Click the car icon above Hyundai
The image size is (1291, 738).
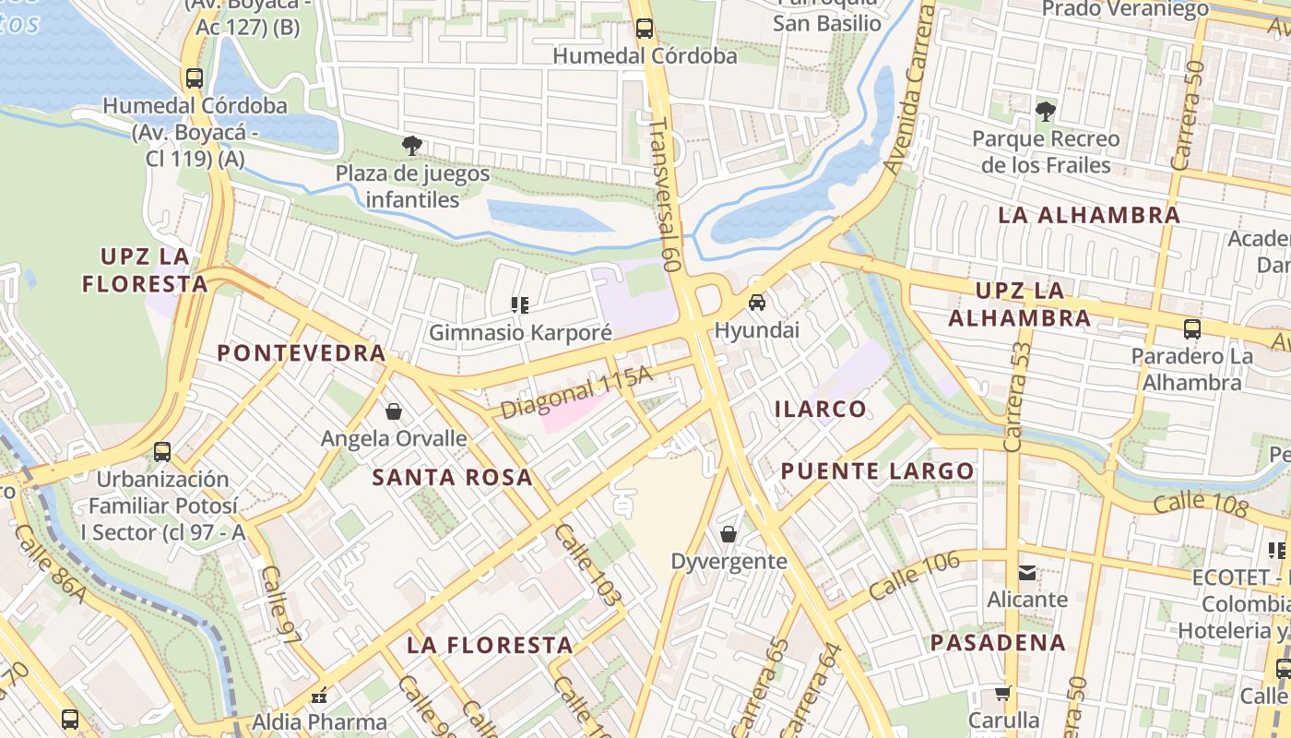click(x=756, y=303)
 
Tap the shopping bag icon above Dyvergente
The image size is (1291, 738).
click(x=728, y=533)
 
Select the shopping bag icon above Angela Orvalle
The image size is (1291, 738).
click(x=394, y=411)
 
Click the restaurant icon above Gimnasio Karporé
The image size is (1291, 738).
click(x=520, y=304)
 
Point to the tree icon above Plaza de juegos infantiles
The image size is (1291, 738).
click(x=411, y=145)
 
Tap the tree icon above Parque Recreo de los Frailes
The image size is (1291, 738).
click(x=1045, y=112)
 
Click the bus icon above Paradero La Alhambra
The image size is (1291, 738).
click(x=1191, y=328)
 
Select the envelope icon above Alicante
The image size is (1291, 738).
click(x=1026, y=572)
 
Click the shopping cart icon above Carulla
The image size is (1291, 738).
click(x=1003, y=693)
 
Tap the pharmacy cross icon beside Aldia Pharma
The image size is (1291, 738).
click(x=319, y=696)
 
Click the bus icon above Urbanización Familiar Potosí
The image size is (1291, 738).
click(x=162, y=452)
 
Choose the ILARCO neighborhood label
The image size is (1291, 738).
click(x=821, y=409)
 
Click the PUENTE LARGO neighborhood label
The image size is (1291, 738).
click(x=877, y=471)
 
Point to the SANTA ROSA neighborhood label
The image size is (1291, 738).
click(x=453, y=477)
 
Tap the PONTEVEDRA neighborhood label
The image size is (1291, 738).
click(x=302, y=352)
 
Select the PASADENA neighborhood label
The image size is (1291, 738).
click(x=998, y=642)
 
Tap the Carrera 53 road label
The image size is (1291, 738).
click(x=1017, y=397)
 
